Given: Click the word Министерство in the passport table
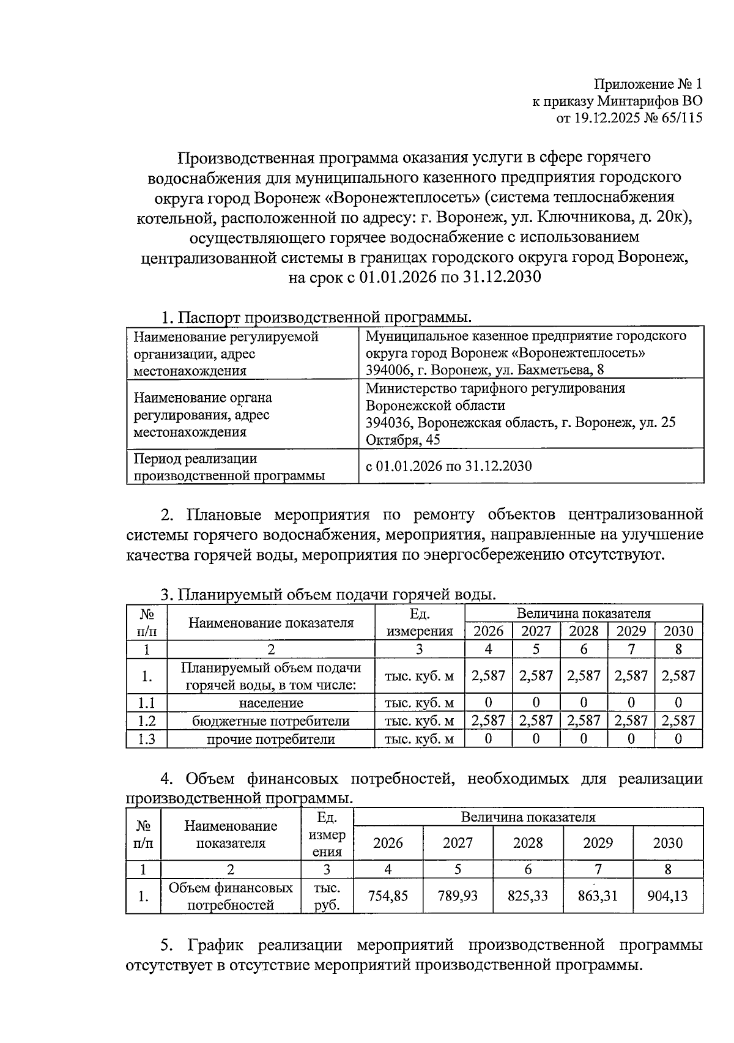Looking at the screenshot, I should [411, 388].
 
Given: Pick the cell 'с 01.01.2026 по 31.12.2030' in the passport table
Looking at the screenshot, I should [448, 466].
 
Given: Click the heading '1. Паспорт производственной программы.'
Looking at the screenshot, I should [316, 317].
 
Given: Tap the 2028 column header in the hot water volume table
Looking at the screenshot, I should [584, 631].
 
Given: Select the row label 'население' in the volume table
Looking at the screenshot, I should [270, 703].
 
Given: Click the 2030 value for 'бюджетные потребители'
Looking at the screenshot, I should [678, 721].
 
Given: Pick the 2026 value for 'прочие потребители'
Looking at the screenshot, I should [488, 739].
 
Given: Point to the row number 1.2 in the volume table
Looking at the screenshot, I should [147, 721].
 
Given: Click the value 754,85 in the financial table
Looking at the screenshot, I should [388, 896].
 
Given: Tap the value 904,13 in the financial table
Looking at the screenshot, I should [667, 896].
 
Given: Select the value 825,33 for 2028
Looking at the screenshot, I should [527, 896].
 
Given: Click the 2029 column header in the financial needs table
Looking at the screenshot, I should [598, 843].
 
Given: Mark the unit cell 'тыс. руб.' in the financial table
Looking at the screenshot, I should [327, 896].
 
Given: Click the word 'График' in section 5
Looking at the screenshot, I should [215, 945].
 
